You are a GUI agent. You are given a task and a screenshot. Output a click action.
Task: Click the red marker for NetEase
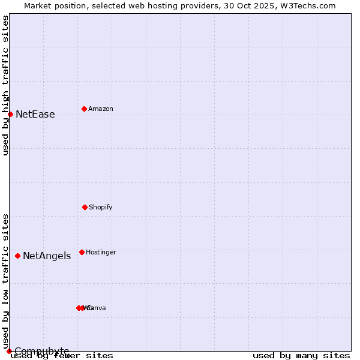coord(10,114)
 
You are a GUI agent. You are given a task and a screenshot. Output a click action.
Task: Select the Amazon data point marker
coord(84,109)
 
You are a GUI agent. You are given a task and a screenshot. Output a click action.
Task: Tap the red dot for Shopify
coord(85,207)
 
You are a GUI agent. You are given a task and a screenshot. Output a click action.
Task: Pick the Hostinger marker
coord(82,252)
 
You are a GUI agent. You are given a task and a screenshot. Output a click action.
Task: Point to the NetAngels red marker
coord(17,256)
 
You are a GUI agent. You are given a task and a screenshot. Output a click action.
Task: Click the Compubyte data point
coord(9,351)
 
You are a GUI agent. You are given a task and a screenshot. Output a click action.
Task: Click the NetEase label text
coord(35,115)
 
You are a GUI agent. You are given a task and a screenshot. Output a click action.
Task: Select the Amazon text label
coord(100,109)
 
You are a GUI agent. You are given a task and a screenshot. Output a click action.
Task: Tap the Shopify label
coord(100,208)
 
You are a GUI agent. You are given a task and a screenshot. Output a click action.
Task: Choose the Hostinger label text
coord(101,253)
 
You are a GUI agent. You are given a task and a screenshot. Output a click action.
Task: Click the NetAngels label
coord(47,256)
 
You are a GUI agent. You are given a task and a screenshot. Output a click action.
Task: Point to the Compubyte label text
coord(41,351)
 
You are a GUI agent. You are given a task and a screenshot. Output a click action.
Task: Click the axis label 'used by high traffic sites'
coord(5,85)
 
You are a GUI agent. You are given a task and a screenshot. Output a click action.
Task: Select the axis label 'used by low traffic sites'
coord(5,281)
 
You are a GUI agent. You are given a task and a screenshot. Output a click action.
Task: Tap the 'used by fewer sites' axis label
coord(62,356)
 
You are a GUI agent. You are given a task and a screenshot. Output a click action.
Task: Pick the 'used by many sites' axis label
coord(301,356)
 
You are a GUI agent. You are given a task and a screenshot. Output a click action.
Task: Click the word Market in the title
coord(38,5)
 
